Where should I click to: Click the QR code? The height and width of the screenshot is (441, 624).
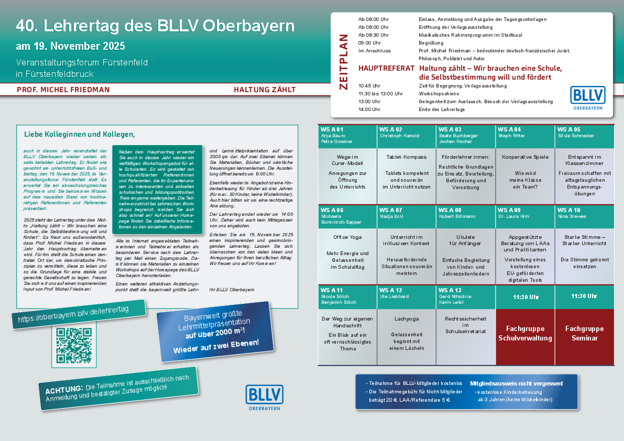pos(74,345)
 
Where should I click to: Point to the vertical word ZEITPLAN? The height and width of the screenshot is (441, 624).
pos(344,62)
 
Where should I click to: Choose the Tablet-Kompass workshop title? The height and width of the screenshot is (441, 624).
pos(407,157)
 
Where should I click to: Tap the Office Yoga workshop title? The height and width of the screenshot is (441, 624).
pos(347,237)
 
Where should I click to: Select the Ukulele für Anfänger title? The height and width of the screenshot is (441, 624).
pos(466,240)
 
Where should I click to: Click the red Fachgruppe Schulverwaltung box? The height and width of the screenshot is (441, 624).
pos(525,334)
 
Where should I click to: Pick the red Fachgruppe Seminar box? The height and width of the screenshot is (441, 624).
pos(584,334)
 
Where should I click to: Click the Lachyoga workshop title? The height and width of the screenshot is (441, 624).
pos(407,318)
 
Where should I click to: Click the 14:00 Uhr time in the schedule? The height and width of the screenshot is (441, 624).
pos(369,109)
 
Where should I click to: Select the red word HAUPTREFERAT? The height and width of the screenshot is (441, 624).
pos(386,69)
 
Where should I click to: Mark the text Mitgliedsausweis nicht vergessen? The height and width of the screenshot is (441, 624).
pos(517,383)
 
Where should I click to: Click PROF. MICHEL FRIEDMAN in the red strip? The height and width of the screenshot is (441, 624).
pos(63,90)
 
